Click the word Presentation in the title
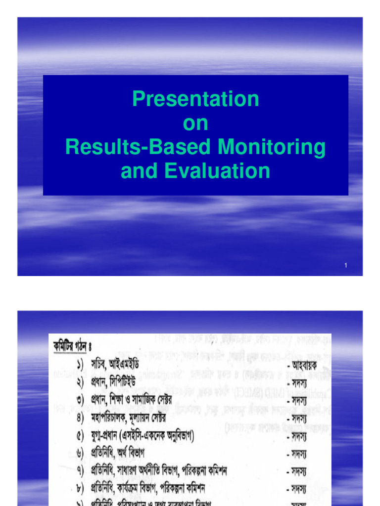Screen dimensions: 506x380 [x=195, y=99]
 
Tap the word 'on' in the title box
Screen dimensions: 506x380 [x=195, y=124]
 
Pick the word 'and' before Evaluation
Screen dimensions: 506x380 [x=139, y=171]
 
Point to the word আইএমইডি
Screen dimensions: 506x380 [x=122, y=364]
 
